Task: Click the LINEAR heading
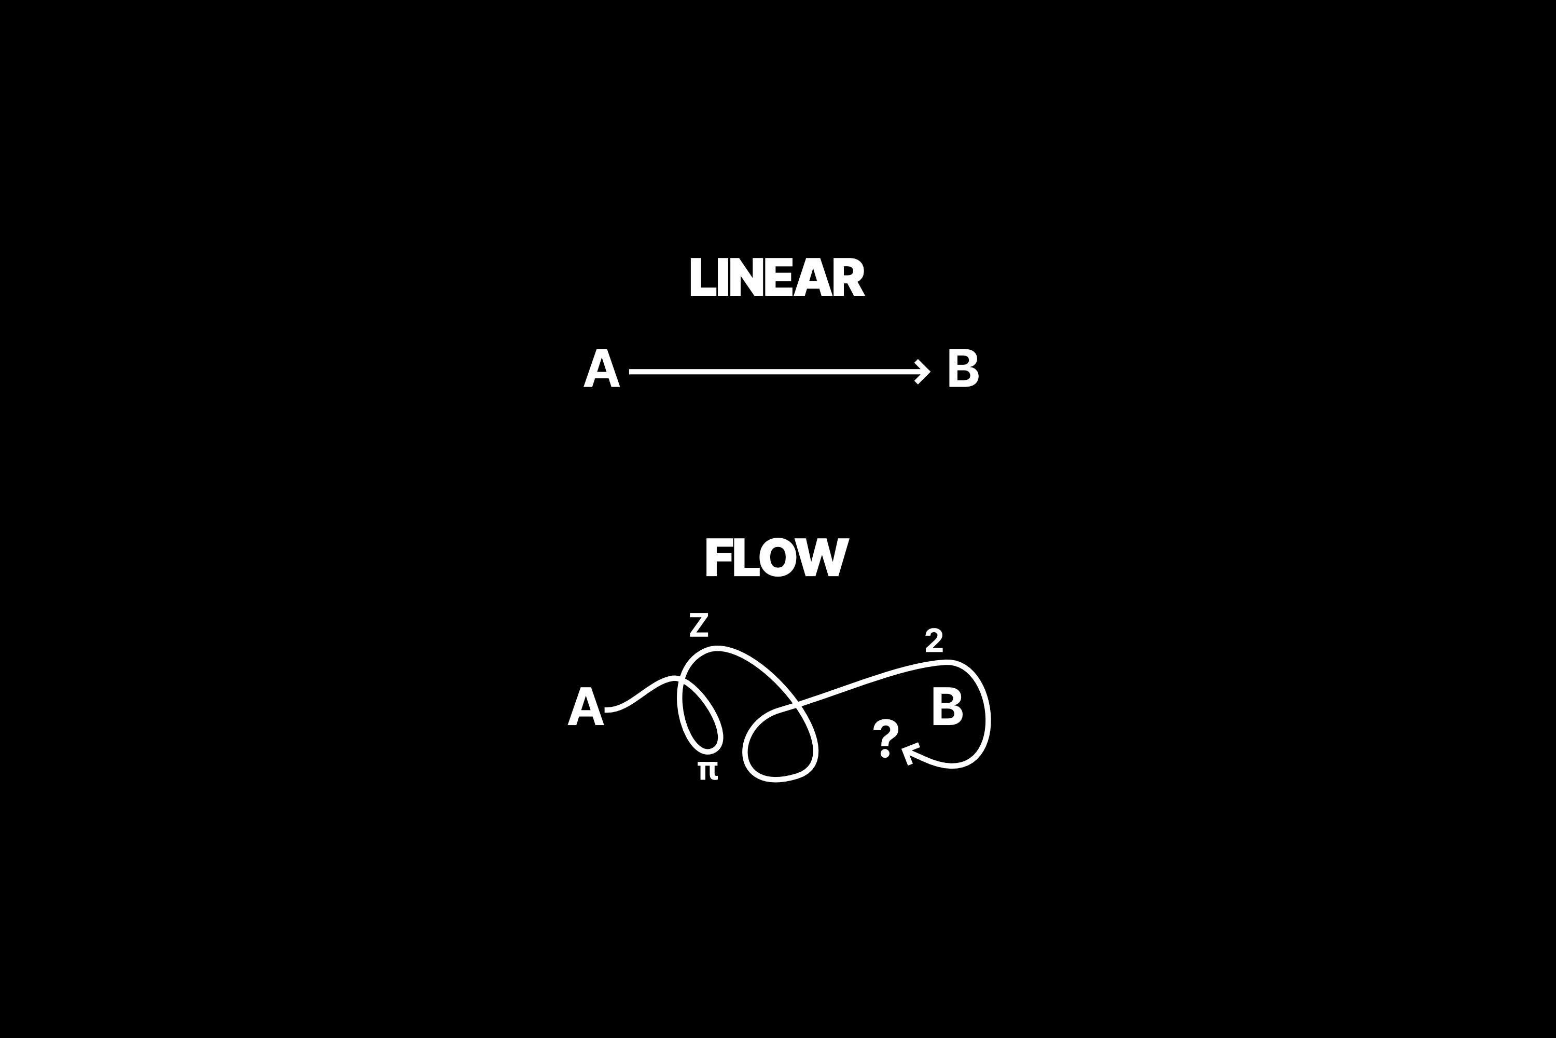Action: [x=777, y=277]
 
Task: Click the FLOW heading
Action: [x=777, y=557]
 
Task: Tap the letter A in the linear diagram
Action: [x=601, y=368]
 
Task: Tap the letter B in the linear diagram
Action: [x=963, y=368]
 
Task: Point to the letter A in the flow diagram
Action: [x=586, y=706]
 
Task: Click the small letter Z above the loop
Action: [x=699, y=625]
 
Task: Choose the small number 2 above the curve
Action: [x=934, y=639]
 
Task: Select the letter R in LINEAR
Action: [x=849, y=277]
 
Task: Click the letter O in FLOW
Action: [x=777, y=557]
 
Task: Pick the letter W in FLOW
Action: [x=822, y=557]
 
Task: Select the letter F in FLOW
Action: [x=718, y=557]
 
